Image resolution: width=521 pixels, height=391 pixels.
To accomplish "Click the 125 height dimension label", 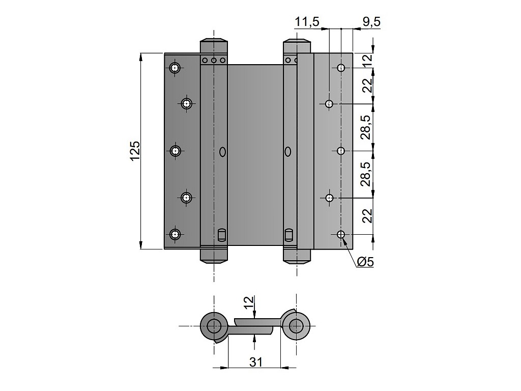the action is [x=135, y=151].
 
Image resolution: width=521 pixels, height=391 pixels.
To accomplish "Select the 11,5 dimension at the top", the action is [x=307, y=22].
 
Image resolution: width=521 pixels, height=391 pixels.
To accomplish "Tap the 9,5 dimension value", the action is [x=371, y=22].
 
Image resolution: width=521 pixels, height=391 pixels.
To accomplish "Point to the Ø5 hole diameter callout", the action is [x=365, y=262].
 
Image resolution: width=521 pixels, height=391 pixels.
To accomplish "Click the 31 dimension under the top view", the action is [x=255, y=362].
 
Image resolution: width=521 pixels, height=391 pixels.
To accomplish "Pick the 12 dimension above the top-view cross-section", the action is [x=249, y=303].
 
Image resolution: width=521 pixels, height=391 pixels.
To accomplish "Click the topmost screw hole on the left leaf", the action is [x=175, y=68].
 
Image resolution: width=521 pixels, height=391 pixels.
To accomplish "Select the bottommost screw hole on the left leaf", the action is [x=175, y=234].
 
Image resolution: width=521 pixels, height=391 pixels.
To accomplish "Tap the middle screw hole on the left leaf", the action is [x=175, y=151].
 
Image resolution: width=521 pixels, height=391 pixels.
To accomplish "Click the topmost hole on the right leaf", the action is [x=341, y=68].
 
